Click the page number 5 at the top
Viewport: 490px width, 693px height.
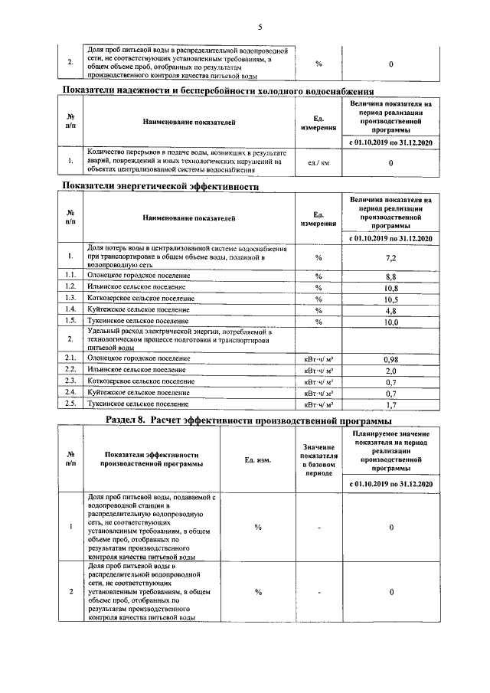260,28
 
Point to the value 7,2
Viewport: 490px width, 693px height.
390,257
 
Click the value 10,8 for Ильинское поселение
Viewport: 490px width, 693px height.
390,287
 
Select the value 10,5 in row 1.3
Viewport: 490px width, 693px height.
390,299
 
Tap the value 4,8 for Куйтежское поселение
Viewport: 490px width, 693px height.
390,310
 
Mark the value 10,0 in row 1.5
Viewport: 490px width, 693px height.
390,322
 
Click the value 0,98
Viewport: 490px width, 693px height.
390,358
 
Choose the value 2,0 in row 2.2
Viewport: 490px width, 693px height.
390,370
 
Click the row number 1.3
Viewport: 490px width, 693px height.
70,298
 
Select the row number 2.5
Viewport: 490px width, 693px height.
70,404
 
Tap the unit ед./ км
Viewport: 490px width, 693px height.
318,163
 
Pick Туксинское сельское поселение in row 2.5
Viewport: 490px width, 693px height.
138,404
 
